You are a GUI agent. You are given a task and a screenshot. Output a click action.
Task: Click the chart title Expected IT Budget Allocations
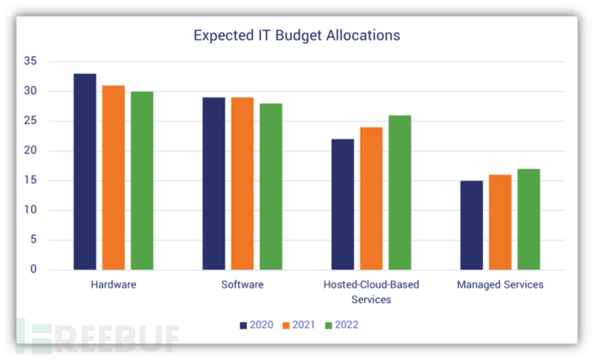point(296,36)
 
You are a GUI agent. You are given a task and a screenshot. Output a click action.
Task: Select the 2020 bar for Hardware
point(84,171)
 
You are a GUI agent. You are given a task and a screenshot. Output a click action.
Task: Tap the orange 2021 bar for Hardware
point(113,177)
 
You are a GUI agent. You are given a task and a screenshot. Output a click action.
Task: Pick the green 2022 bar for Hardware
point(141,181)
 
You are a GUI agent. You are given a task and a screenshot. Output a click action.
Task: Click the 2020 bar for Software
point(213,183)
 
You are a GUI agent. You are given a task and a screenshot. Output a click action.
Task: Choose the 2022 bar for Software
point(270,186)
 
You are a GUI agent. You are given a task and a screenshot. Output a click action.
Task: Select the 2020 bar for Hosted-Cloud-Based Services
point(343,204)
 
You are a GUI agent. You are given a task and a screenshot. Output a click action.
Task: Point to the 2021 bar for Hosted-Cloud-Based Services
point(371,198)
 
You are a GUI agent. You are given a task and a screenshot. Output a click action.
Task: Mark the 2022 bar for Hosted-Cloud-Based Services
point(399,192)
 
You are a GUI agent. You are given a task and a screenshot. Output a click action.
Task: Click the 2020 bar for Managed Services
point(471,225)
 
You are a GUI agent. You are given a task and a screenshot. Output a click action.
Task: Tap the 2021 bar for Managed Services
point(499,222)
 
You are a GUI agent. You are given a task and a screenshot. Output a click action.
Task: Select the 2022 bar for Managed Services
point(528,219)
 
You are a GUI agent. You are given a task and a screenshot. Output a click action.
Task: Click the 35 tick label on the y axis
point(30,61)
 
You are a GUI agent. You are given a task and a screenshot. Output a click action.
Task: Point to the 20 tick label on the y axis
point(30,151)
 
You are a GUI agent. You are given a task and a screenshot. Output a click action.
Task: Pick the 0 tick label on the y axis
point(34,270)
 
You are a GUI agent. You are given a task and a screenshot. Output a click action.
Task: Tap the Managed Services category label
point(499,285)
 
